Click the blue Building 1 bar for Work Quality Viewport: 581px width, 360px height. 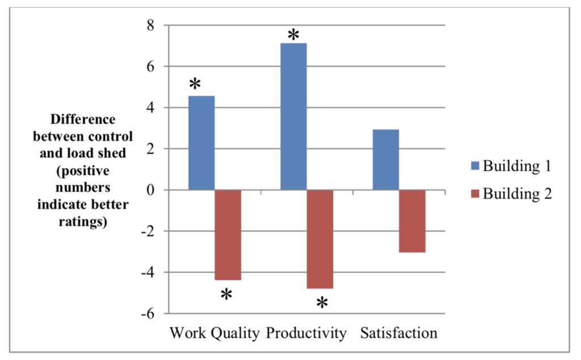pyautogui.click(x=201, y=143)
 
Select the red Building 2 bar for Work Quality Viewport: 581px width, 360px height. pyautogui.click(x=228, y=235)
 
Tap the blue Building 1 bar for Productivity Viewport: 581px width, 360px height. pyautogui.click(x=293, y=116)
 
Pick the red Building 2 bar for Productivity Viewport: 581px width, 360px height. pyautogui.click(x=320, y=239)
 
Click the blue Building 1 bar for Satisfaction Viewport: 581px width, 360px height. pyautogui.click(x=385, y=160)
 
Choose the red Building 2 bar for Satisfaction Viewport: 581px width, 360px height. pyautogui.click(x=412, y=221)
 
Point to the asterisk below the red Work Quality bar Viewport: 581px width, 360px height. pyautogui.click(x=226, y=295)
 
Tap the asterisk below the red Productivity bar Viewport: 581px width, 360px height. pyautogui.click(x=322, y=303)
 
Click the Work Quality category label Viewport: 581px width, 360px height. pyautogui.click(x=214, y=333)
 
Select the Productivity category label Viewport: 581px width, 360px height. pyautogui.click(x=306, y=333)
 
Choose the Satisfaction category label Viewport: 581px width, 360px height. pyautogui.click(x=399, y=333)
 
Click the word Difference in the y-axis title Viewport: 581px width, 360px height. pyautogui.click(x=83, y=120)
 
